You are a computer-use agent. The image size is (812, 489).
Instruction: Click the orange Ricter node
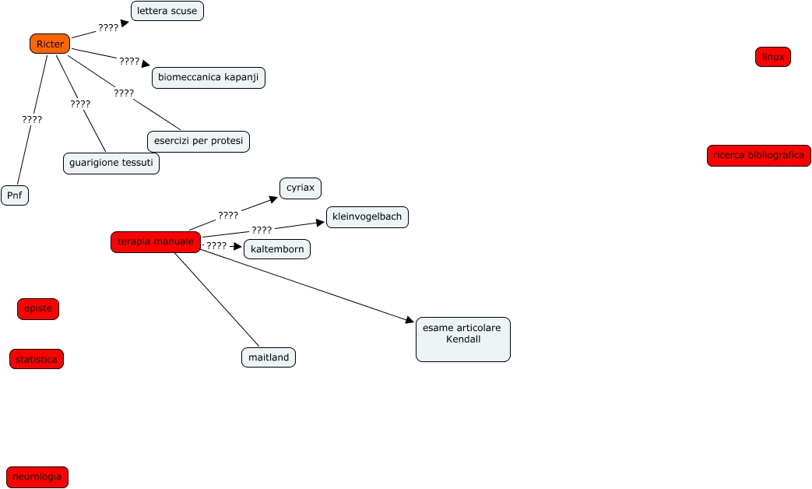tap(50, 44)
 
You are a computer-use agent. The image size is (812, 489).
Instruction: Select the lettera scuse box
tap(167, 11)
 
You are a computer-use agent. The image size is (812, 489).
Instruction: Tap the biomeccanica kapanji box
tap(209, 78)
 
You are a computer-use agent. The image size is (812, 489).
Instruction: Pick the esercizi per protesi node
tap(199, 141)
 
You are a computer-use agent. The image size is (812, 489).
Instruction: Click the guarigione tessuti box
tap(111, 164)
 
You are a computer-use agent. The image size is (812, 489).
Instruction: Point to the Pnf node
tap(15, 195)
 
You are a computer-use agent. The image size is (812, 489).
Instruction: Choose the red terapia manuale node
tap(156, 242)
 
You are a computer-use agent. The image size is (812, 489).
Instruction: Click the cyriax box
tap(301, 188)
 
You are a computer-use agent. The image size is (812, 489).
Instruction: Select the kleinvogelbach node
tap(367, 217)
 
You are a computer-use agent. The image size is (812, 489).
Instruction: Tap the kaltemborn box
tap(277, 249)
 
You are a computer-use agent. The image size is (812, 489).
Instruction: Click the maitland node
tap(269, 357)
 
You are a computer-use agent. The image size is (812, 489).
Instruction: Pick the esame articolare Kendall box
tap(463, 339)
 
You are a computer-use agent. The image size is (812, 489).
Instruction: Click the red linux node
tap(773, 57)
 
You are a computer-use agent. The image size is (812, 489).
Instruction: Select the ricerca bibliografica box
tap(759, 156)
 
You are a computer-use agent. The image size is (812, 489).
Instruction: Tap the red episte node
tap(38, 309)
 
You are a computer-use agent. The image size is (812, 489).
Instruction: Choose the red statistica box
tap(37, 359)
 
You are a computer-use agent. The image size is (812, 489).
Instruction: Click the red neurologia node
tap(37, 477)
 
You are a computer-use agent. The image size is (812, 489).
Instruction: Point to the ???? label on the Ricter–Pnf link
tap(32, 120)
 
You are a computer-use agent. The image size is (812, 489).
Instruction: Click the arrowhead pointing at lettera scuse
tap(125, 23)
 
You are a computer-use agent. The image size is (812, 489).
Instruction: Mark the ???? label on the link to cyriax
tap(228, 215)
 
